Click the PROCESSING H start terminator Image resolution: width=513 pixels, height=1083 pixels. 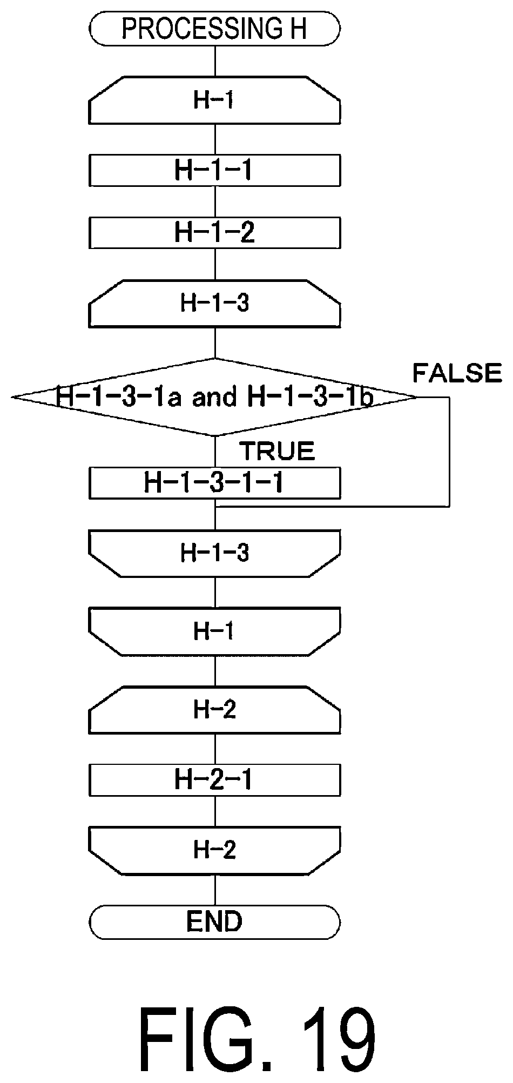point(214,29)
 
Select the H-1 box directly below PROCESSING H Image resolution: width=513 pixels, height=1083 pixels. point(214,100)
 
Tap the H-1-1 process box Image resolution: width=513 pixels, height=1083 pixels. point(214,170)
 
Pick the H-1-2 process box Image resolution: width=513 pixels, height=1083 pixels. point(214,233)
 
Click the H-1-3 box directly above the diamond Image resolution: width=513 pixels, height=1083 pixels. point(214,304)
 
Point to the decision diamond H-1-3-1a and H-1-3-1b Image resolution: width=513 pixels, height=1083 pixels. point(214,397)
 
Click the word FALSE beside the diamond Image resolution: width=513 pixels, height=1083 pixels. point(457,373)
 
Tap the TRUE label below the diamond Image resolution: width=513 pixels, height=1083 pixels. point(277,451)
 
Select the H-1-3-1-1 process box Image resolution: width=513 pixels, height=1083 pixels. point(214,482)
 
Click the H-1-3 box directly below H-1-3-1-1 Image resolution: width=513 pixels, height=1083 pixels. point(214,553)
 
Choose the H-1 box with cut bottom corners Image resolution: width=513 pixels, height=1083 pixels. point(214,631)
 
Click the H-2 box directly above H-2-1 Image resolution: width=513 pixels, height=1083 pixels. point(214,710)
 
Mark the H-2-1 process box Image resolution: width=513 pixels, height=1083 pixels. point(214,780)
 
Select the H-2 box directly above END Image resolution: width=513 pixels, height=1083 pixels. point(214,851)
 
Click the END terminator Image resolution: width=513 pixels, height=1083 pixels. point(214,921)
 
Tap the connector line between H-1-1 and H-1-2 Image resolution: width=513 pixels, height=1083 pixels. point(215,202)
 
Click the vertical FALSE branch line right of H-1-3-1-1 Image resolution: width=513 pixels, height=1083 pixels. point(449,452)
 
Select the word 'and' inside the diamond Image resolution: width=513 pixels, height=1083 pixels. point(214,398)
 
